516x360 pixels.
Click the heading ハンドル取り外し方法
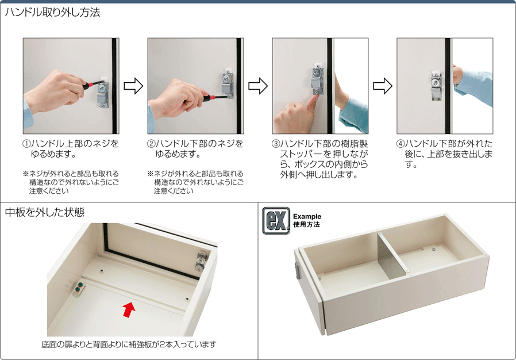pos(52,13)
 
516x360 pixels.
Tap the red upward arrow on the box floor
pos(129,309)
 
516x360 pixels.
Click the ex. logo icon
pos(276,221)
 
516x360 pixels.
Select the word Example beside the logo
pos(307,216)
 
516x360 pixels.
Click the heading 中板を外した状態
pos(45,212)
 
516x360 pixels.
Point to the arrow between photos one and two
pos(133,86)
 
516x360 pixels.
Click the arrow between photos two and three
pos(258,86)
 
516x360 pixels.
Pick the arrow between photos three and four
pos(383,86)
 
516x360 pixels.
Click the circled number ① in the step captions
pos(26,144)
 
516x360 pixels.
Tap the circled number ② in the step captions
pos(151,144)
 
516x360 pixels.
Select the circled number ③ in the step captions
pos(276,144)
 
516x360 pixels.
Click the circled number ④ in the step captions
pos(401,144)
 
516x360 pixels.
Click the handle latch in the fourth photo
pos(436,85)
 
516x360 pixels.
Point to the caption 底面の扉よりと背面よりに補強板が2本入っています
pos(129,344)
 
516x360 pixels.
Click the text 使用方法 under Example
pos(306,225)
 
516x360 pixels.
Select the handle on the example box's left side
pos(298,271)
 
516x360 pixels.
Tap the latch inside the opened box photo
pos(201,261)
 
